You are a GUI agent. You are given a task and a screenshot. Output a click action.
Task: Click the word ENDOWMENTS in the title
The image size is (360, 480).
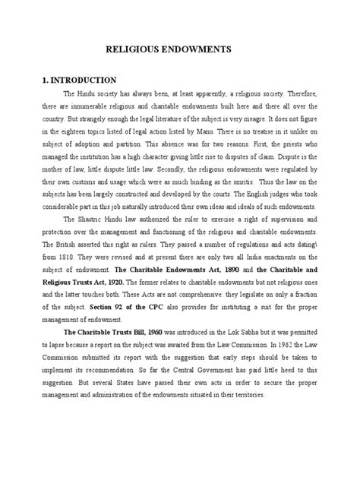208,53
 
